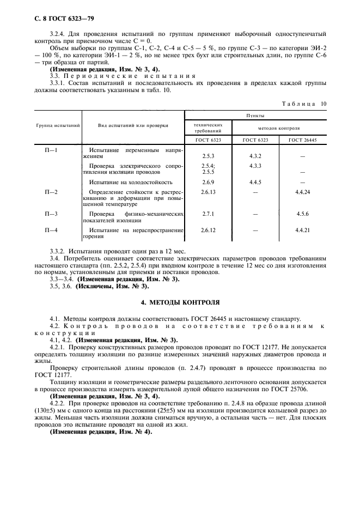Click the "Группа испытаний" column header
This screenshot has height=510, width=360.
coord(58,125)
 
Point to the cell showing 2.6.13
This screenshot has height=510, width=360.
coord(208,192)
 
